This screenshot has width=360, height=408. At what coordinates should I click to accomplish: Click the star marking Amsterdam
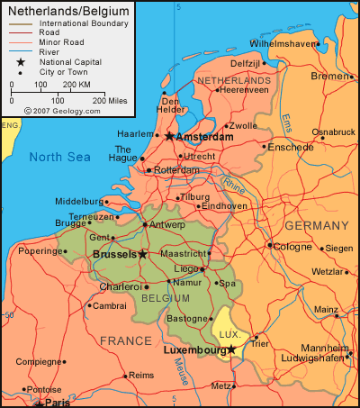pos(169,136)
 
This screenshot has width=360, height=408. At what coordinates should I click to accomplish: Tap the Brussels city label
pos(113,255)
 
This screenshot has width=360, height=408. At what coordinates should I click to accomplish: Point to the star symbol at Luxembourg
pos(231,349)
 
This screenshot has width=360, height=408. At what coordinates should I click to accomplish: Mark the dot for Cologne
pos(270,244)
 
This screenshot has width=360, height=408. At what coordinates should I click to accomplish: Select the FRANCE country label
pos(125,340)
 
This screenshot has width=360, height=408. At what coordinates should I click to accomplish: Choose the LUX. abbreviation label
pos(226,332)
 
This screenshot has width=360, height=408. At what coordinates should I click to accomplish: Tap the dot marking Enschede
pos(265,146)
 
